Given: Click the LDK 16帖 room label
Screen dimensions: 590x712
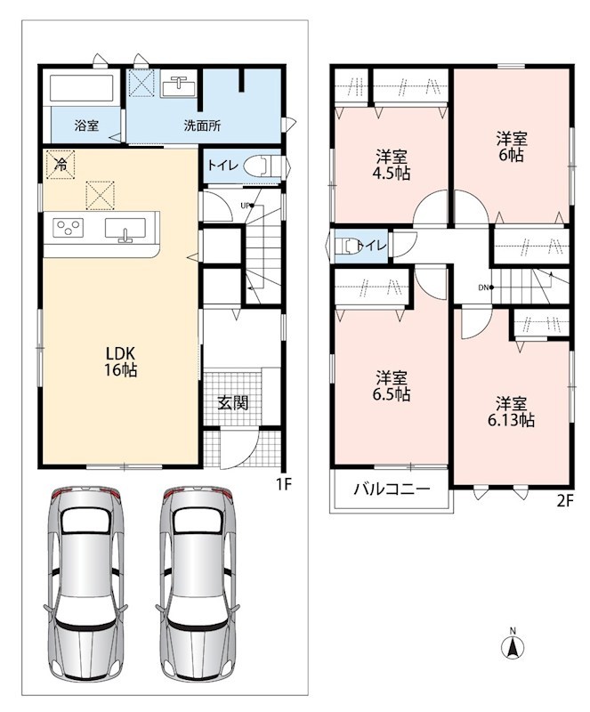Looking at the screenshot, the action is pyautogui.click(x=121, y=361).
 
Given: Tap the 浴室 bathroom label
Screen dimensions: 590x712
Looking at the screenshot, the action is pyautogui.click(x=86, y=125).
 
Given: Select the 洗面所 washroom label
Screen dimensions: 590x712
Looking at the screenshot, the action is pyautogui.click(x=203, y=125).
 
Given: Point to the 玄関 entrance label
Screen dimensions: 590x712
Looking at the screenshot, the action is pyautogui.click(x=232, y=402).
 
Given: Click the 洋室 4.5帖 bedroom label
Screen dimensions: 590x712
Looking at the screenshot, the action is pyautogui.click(x=391, y=166).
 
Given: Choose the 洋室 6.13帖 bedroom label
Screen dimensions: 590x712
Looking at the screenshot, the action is pyautogui.click(x=511, y=412).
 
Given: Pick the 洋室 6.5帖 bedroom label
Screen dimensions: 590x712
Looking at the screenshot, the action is pyautogui.click(x=391, y=386).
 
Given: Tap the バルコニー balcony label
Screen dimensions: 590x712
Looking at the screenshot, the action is pyautogui.click(x=392, y=489).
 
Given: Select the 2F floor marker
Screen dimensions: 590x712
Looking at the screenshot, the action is pyautogui.click(x=565, y=500).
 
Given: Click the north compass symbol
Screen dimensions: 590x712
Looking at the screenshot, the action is pyautogui.click(x=513, y=644).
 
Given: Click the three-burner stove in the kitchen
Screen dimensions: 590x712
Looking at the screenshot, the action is pyautogui.click(x=69, y=228).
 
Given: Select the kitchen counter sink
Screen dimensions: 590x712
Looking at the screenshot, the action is pyautogui.click(x=125, y=229).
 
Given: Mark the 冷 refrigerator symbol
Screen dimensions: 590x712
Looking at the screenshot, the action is pyautogui.click(x=60, y=165).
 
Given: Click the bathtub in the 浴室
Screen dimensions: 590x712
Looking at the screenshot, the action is pyautogui.click(x=81, y=87).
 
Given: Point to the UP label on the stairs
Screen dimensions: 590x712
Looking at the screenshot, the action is pyautogui.click(x=246, y=206).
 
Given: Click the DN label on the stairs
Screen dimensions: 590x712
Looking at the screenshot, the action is pyautogui.click(x=484, y=287).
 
